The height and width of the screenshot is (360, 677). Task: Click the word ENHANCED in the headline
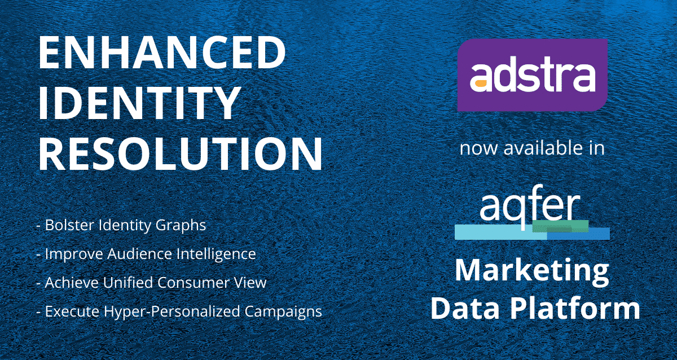point(162,53)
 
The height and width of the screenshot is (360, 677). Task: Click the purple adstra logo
point(532,74)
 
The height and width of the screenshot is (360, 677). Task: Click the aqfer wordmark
point(530,205)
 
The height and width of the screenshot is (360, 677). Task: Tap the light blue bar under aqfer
point(501,232)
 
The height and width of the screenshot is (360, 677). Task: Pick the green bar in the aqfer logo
point(560,226)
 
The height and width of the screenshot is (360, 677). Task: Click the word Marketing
point(532,272)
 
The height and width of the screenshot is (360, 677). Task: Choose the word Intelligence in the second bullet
point(216,254)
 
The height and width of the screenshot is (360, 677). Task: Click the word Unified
point(128,283)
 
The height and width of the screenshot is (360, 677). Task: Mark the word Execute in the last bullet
point(72,311)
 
